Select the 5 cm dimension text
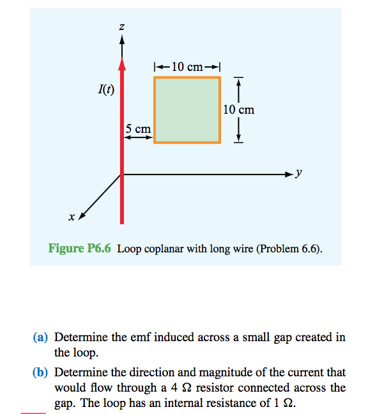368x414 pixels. click(x=138, y=128)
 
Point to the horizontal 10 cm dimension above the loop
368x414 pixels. click(x=187, y=66)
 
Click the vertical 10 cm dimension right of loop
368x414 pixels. click(x=239, y=109)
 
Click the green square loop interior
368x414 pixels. click(x=187, y=109)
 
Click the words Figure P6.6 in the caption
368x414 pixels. click(x=80, y=249)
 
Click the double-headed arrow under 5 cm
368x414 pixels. click(x=138, y=137)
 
